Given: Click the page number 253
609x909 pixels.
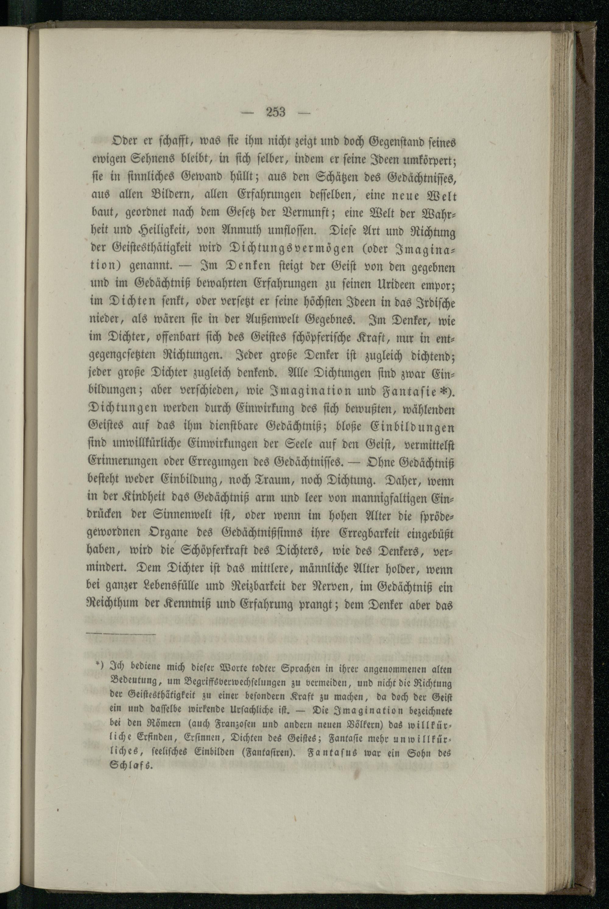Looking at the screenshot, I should (x=276, y=112).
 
